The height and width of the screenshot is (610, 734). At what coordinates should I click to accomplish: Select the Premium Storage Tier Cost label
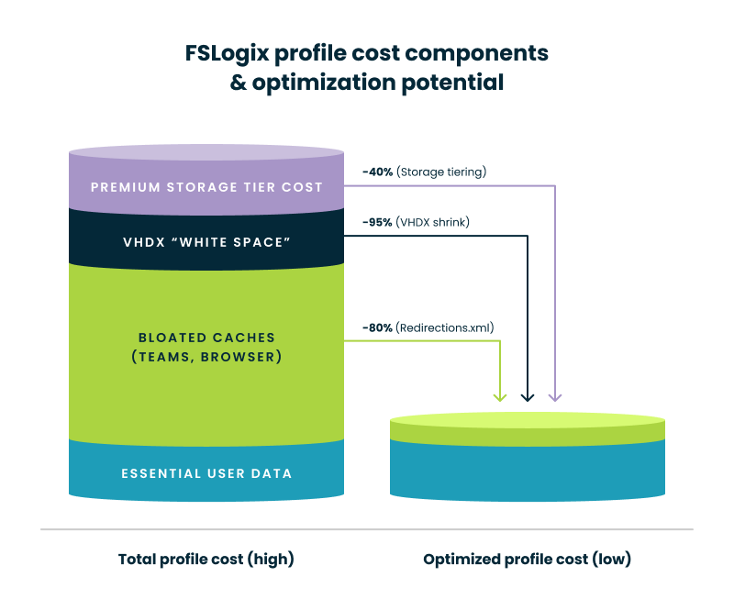click(x=206, y=187)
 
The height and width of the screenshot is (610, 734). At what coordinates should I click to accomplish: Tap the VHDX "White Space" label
click(x=206, y=243)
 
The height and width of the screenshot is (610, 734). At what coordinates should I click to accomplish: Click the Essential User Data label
click(x=206, y=473)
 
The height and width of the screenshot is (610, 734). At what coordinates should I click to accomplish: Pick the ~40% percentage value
click(x=377, y=172)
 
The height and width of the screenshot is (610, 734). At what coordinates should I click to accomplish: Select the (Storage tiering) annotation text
click(x=441, y=172)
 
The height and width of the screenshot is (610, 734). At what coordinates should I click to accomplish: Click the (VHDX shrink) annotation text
click(x=433, y=222)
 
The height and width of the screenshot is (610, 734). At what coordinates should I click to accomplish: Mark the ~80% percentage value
click(x=377, y=327)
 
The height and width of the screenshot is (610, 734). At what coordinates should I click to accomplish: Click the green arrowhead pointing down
click(x=499, y=396)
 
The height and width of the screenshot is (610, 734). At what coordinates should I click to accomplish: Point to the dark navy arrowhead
click(x=527, y=396)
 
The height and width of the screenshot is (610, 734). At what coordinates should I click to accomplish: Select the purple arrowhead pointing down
click(x=554, y=396)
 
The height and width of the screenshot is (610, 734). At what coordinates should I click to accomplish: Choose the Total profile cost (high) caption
click(x=206, y=559)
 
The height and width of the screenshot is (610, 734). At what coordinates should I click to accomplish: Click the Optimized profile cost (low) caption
click(x=527, y=559)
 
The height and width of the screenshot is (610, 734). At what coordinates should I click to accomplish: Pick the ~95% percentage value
click(x=377, y=222)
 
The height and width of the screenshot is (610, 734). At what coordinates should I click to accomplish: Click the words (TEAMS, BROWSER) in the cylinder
click(x=206, y=356)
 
